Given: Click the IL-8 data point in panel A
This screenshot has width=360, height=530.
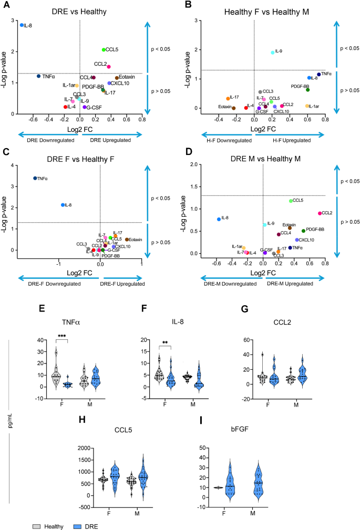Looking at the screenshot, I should [22, 25].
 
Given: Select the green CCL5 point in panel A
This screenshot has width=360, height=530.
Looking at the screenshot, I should [104, 50].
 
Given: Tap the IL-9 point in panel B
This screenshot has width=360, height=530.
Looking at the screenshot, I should [272, 53].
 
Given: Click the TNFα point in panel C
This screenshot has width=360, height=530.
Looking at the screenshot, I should [35, 178].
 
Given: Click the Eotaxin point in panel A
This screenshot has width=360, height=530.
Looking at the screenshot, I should [117, 78].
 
